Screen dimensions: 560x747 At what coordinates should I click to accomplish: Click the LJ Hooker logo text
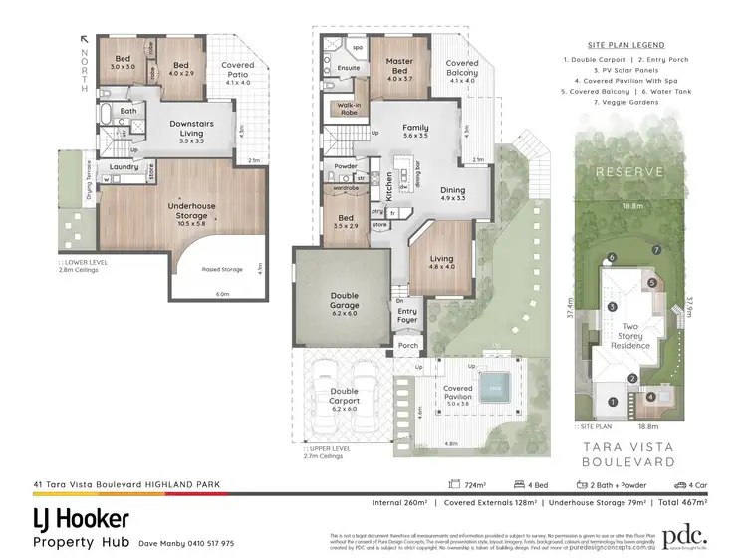click(82, 519)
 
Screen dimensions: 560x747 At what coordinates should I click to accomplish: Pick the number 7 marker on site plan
click(656, 248)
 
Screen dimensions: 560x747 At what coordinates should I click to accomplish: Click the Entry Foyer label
click(407, 315)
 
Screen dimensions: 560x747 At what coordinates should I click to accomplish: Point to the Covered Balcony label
click(461, 68)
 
